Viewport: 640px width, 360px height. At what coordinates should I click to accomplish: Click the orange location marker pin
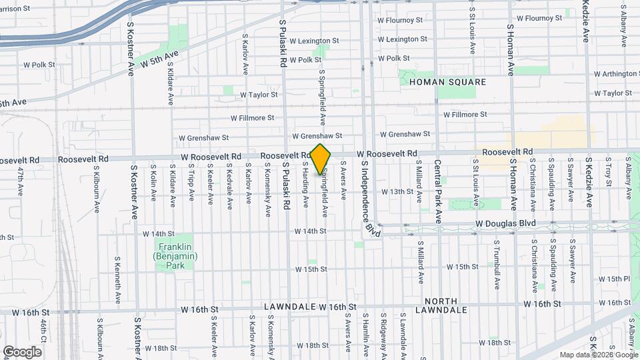[x=321, y=159]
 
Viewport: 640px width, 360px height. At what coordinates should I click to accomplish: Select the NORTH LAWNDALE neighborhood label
[x=441, y=305]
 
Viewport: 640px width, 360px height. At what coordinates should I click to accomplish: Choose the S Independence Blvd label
[x=367, y=199]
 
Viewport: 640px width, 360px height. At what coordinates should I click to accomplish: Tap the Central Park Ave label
[x=438, y=191]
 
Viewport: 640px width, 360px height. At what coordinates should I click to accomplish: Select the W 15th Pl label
[x=614, y=279]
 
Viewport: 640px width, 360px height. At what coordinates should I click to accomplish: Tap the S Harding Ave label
[x=306, y=182]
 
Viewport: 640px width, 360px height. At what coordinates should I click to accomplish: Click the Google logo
[x=23, y=351]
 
